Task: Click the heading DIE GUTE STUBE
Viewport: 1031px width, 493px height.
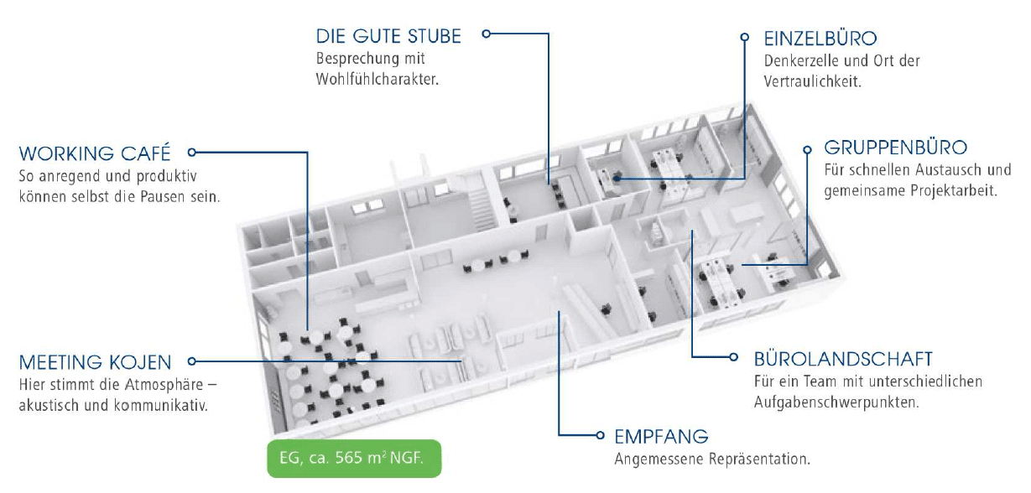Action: point(388,36)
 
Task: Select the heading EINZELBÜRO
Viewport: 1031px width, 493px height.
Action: point(820,39)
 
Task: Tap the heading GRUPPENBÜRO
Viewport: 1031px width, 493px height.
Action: point(896,148)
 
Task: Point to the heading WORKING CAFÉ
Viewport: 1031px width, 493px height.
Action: point(95,153)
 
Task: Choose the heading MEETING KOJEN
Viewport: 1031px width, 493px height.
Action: point(95,362)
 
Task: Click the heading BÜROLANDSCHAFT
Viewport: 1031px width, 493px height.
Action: point(843,359)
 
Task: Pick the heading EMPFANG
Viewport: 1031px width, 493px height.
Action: point(661,437)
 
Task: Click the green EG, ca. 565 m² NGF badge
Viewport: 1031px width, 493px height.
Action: point(354,459)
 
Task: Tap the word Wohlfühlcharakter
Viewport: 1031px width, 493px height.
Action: point(378,80)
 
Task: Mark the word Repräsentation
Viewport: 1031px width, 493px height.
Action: point(766,459)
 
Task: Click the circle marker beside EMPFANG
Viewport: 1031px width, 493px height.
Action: point(600,436)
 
